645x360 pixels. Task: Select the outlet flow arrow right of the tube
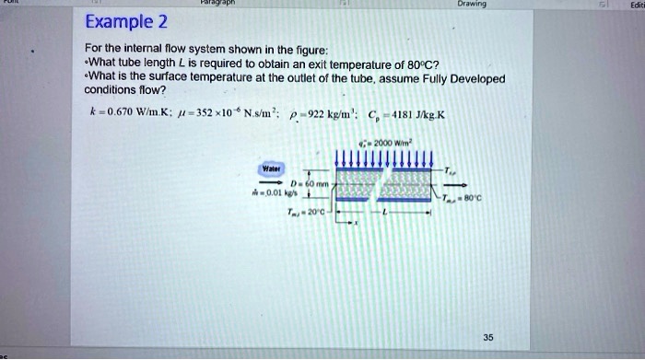[x=448, y=184]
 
